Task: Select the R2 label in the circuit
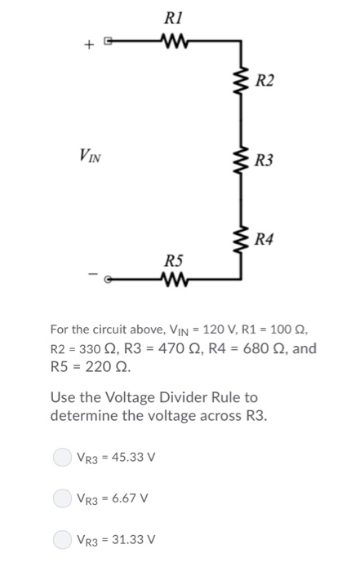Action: pyautogui.click(x=264, y=80)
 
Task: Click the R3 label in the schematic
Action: pyautogui.click(x=264, y=161)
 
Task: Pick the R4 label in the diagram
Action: pyautogui.click(x=264, y=239)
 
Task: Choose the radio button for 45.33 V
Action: pyautogui.click(x=61, y=457)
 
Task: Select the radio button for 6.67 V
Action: pyautogui.click(x=61, y=498)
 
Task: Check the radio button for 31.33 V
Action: pyautogui.click(x=61, y=538)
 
